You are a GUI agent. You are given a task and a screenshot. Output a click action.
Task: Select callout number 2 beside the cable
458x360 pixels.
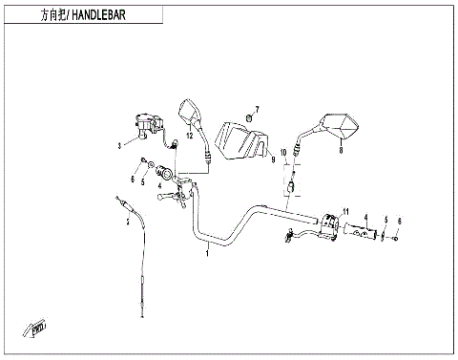[x=129, y=222]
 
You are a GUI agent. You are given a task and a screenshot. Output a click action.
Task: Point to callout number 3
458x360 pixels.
[x=119, y=146]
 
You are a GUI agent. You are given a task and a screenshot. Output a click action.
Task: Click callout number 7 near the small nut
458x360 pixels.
[x=257, y=109]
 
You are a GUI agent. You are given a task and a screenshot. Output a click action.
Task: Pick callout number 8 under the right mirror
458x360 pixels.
[x=340, y=148]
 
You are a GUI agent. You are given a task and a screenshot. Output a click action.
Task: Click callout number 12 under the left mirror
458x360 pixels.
[x=189, y=138]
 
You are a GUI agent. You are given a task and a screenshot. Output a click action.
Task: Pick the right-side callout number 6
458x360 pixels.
[x=400, y=221]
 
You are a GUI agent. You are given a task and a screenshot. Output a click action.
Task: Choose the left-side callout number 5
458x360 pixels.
[x=144, y=180]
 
